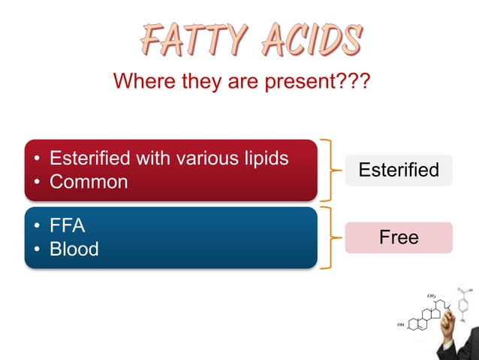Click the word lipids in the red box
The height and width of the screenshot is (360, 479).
[x=264, y=159]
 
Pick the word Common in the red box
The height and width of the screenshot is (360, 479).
[x=89, y=182]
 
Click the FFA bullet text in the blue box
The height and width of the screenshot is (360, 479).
[x=67, y=225]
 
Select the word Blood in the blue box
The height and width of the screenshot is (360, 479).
[x=74, y=249]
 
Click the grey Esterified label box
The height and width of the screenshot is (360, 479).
[x=399, y=170]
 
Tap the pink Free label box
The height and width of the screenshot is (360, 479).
[x=399, y=237]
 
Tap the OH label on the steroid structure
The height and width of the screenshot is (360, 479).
[x=400, y=325]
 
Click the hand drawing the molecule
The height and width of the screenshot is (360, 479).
[x=454, y=331]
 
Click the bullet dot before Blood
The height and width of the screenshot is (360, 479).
[x=35, y=250]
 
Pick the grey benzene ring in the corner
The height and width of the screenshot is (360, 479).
[x=461, y=305]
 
